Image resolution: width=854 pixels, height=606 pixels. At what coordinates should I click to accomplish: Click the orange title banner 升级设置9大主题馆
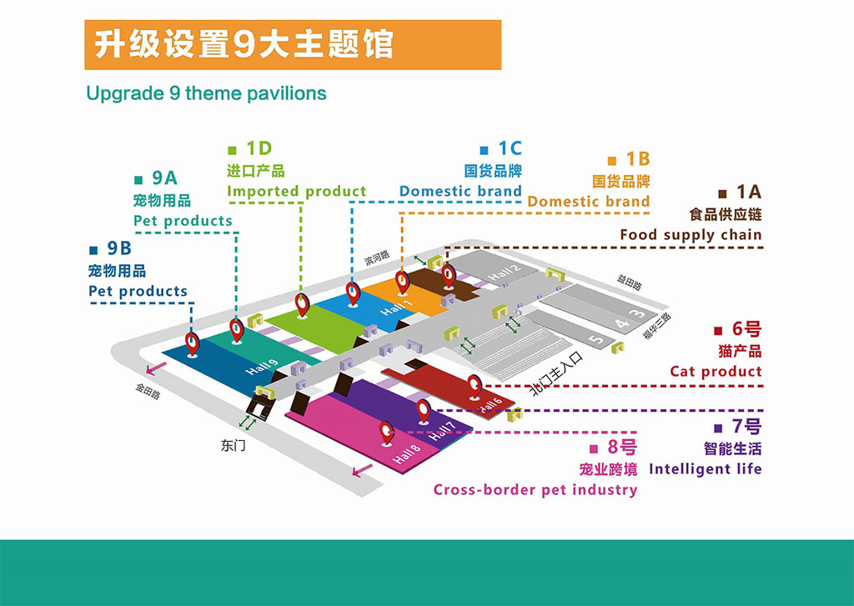[292, 44]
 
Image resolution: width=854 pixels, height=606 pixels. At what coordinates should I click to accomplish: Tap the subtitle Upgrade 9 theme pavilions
[206, 93]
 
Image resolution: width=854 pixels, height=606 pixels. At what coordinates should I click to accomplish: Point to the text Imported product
[296, 192]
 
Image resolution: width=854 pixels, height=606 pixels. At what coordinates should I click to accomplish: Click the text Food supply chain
[691, 235]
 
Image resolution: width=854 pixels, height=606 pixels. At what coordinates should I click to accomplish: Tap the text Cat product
[716, 372]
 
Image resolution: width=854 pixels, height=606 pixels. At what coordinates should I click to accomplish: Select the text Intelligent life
[705, 468]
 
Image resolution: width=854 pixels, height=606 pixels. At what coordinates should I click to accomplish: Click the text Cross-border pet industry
[535, 490]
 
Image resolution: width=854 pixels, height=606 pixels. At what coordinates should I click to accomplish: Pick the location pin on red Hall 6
[475, 384]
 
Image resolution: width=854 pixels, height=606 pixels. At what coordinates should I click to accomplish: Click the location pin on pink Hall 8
[386, 433]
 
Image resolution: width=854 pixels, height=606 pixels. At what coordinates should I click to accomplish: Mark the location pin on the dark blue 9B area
[193, 343]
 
